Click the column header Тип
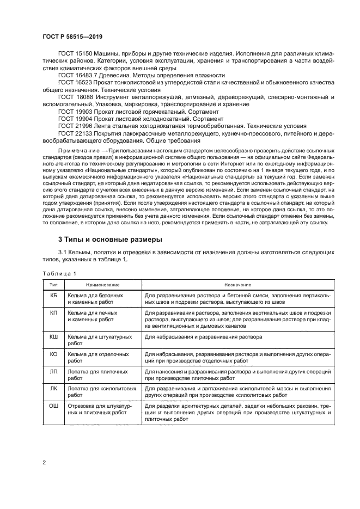click(53, 285)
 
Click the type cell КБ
click(53, 295)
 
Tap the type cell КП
click(53, 314)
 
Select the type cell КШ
click(53, 337)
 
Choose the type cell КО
click(53, 354)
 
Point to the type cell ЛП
click(53, 371)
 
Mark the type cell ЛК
click(53, 389)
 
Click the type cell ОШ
click(53, 406)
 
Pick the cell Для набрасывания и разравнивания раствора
click(203, 337)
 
